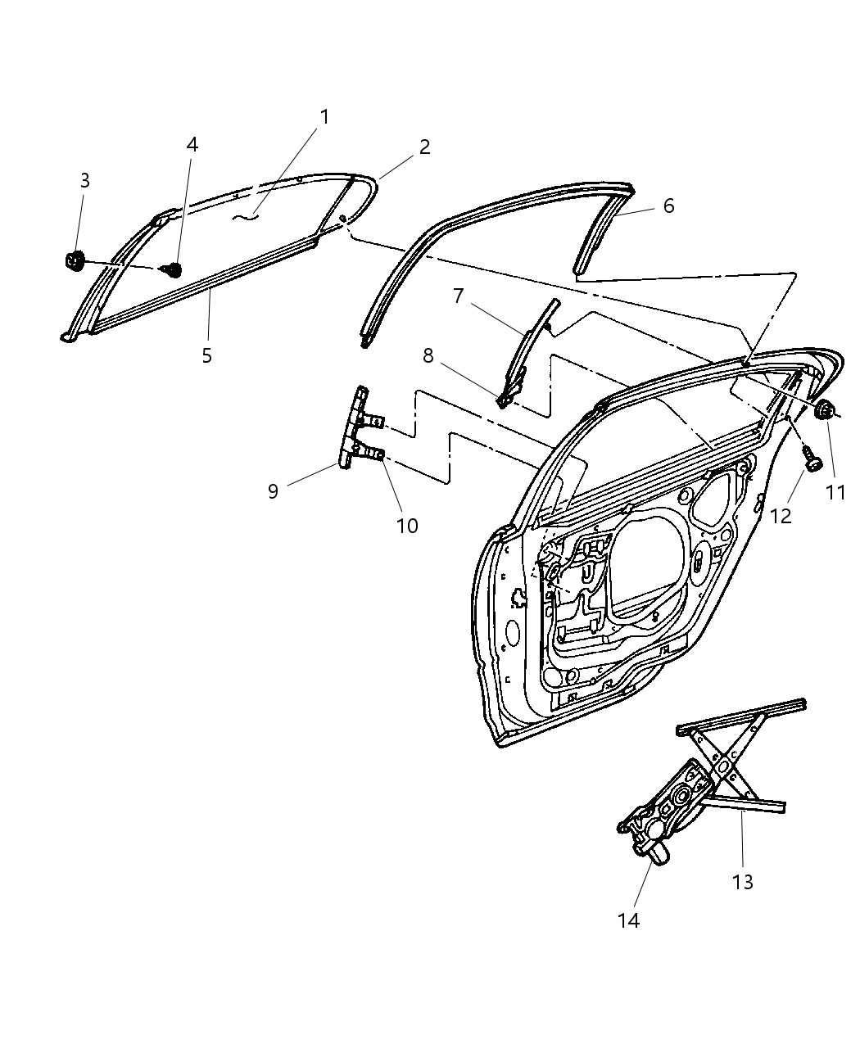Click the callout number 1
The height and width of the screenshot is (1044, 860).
click(324, 117)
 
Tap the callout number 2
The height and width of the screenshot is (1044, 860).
click(424, 147)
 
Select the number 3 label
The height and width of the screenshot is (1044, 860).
click(84, 181)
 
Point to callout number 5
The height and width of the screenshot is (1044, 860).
click(206, 355)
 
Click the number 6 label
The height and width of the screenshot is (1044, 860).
click(668, 206)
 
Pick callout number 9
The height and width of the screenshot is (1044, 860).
click(273, 490)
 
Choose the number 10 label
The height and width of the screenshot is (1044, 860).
click(407, 526)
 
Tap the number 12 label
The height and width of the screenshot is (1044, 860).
click(781, 517)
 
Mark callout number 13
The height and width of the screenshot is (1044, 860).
click(743, 882)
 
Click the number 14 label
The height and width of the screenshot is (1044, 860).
click(628, 920)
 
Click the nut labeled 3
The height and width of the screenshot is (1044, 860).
click(75, 261)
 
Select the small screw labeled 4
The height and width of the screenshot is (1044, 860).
click(173, 269)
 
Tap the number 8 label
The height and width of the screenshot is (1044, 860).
click(428, 356)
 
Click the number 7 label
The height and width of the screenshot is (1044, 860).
click(458, 296)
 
